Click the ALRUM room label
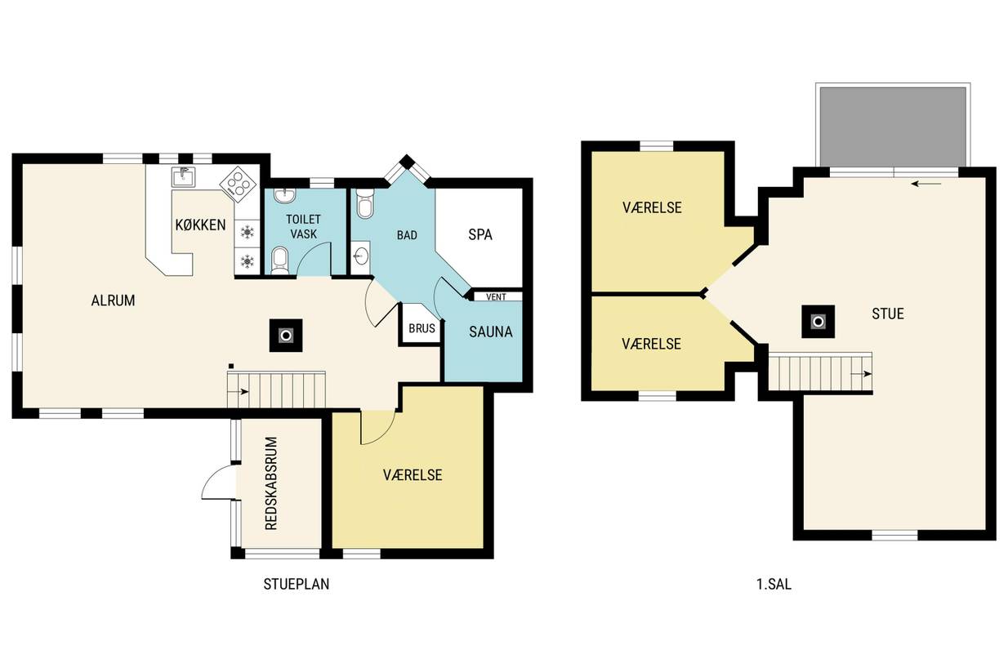(x=113, y=300)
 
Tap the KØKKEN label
(x=200, y=225)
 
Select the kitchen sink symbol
(x=183, y=176)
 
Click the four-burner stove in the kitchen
(x=238, y=184)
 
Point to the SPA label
(x=480, y=235)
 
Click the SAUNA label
(x=490, y=332)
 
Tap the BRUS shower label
(x=421, y=329)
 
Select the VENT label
(x=496, y=297)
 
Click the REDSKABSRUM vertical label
(x=271, y=483)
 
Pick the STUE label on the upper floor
(x=888, y=314)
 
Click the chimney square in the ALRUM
(x=286, y=336)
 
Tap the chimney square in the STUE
(x=818, y=322)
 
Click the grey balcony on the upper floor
(x=893, y=127)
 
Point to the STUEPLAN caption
(x=296, y=584)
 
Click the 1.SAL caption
(x=774, y=584)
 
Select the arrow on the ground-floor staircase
(x=238, y=392)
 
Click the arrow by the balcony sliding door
(x=926, y=184)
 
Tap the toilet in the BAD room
(x=365, y=204)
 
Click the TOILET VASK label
(x=303, y=227)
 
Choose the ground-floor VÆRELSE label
(x=413, y=475)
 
